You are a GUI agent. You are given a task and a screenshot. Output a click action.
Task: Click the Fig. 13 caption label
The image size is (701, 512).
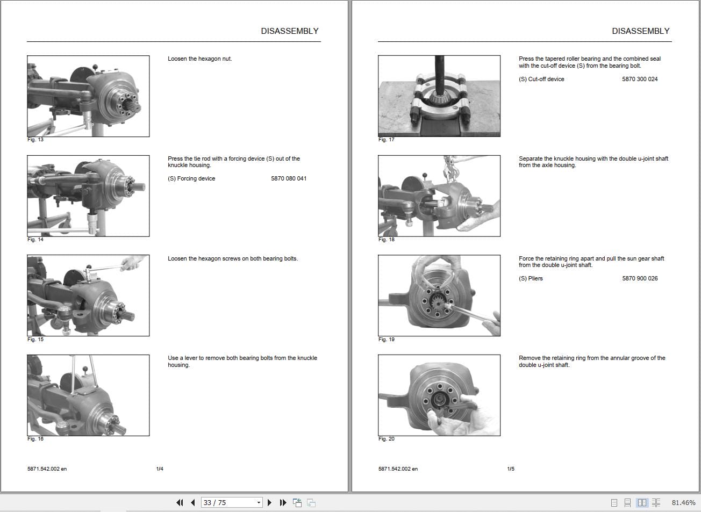(x=35, y=140)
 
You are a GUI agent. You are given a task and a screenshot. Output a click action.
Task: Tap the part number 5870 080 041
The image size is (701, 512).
(x=289, y=178)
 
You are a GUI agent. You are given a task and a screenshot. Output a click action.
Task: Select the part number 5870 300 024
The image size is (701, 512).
(x=640, y=79)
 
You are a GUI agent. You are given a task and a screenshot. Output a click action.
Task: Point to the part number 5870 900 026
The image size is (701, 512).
(x=640, y=278)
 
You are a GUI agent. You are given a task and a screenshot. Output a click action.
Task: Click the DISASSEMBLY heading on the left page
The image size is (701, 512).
(x=289, y=31)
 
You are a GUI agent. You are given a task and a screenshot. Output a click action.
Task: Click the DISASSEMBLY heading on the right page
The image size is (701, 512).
(x=640, y=31)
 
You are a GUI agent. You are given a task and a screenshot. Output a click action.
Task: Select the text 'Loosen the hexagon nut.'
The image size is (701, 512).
(x=199, y=59)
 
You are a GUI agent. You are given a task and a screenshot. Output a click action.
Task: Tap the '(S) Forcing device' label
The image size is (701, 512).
(x=191, y=178)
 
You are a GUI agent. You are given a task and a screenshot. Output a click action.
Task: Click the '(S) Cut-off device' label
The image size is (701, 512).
(x=541, y=79)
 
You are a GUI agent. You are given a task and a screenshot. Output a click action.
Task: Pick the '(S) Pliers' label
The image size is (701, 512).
(x=531, y=278)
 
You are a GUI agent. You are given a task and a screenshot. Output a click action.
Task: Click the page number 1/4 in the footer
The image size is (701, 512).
(x=160, y=469)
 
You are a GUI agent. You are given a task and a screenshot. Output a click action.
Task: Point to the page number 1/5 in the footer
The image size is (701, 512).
(x=511, y=469)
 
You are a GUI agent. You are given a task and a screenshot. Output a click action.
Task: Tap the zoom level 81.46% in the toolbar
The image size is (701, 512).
(x=683, y=503)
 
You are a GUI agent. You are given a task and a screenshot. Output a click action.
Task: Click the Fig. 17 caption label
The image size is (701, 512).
(x=386, y=140)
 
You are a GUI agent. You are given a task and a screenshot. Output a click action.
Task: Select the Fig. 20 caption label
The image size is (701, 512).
(x=386, y=439)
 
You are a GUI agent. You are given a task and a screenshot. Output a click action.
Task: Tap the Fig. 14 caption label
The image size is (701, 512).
(x=35, y=240)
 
